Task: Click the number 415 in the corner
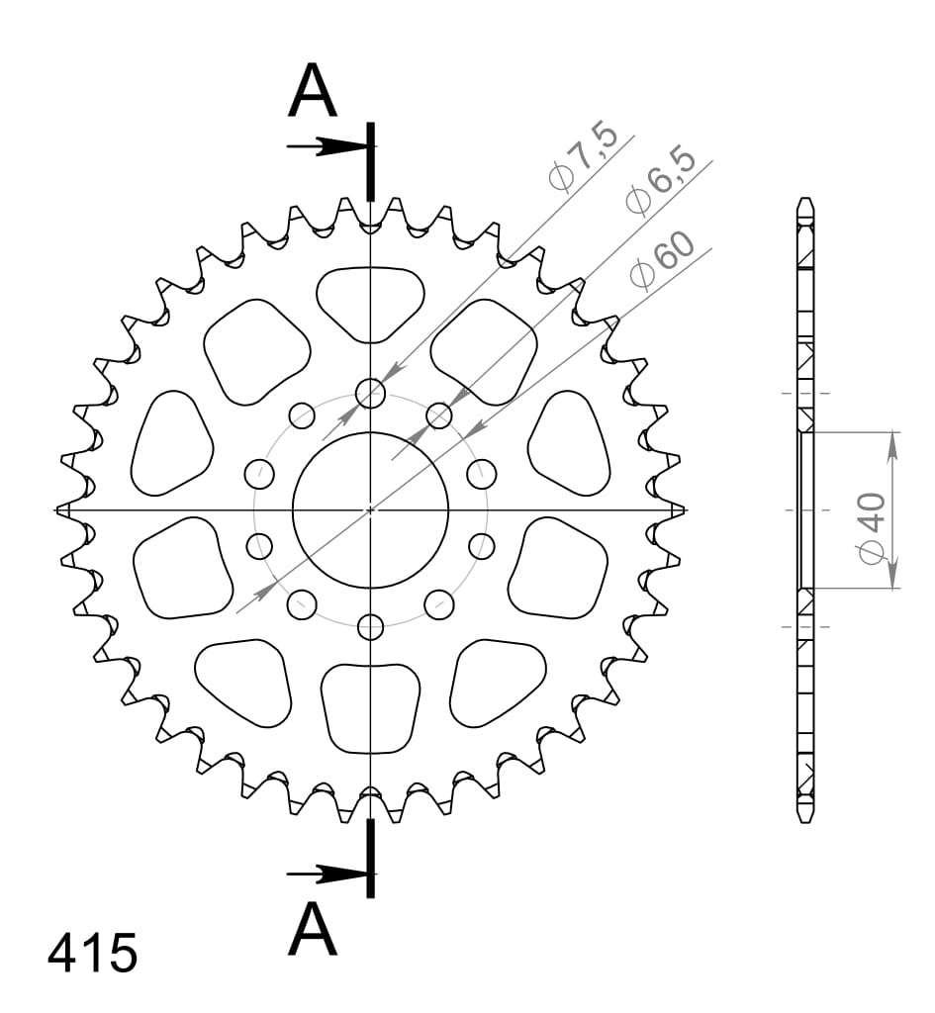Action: pyautogui.click(x=92, y=953)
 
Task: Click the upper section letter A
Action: pyautogui.click(x=314, y=90)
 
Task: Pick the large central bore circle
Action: pyautogui.click(x=370, y=433)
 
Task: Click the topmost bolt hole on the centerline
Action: pyautogui.click(x=370, y=393)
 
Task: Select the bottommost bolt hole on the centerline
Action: pyautogui.click(x=370, y=625)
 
